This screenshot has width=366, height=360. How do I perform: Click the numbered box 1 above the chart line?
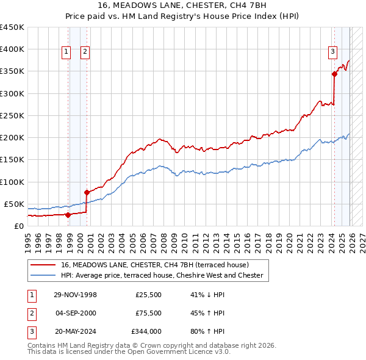[x=66, y=52]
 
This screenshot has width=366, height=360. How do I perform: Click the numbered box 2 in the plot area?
[x=85, y=52]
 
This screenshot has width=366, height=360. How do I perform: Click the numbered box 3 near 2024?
[x=333, y=52]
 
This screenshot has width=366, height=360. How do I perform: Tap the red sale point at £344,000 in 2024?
[x=334, y=74]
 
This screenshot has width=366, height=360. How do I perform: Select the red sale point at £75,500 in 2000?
[x=87, y=192]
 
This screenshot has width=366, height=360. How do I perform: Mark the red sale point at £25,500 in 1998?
[x=68, y=214]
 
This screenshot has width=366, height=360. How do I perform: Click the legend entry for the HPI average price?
[x=162, y=276]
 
